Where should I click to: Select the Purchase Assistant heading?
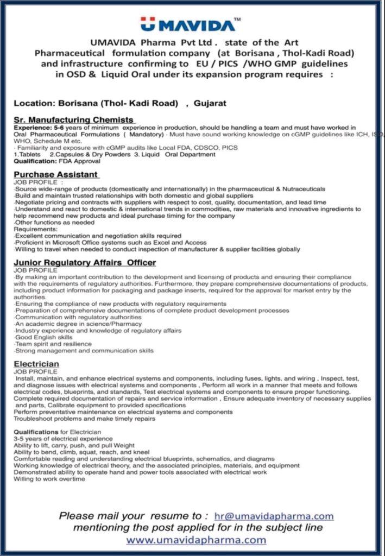pyautogui.click(x=56, y=174)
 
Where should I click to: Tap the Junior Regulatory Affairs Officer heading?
pyautogui.click(x=85, y=262)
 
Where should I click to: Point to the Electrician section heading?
pyautogui.click(x=36, y=363)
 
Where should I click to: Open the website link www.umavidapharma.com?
pyautogui.click(x=196, y=540)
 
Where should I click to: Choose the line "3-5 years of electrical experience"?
pyautogui.click(x=64, y=438)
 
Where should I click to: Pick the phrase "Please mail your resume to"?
pyautogui.click(x=134, y=516)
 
